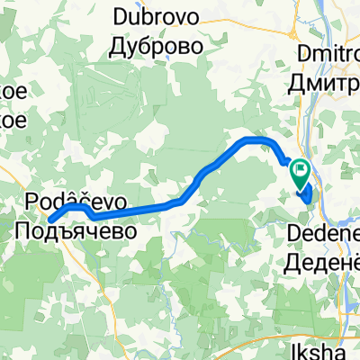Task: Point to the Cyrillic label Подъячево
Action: (76, 230)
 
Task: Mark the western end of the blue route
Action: (50, 220)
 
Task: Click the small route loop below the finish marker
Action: (306, 193)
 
